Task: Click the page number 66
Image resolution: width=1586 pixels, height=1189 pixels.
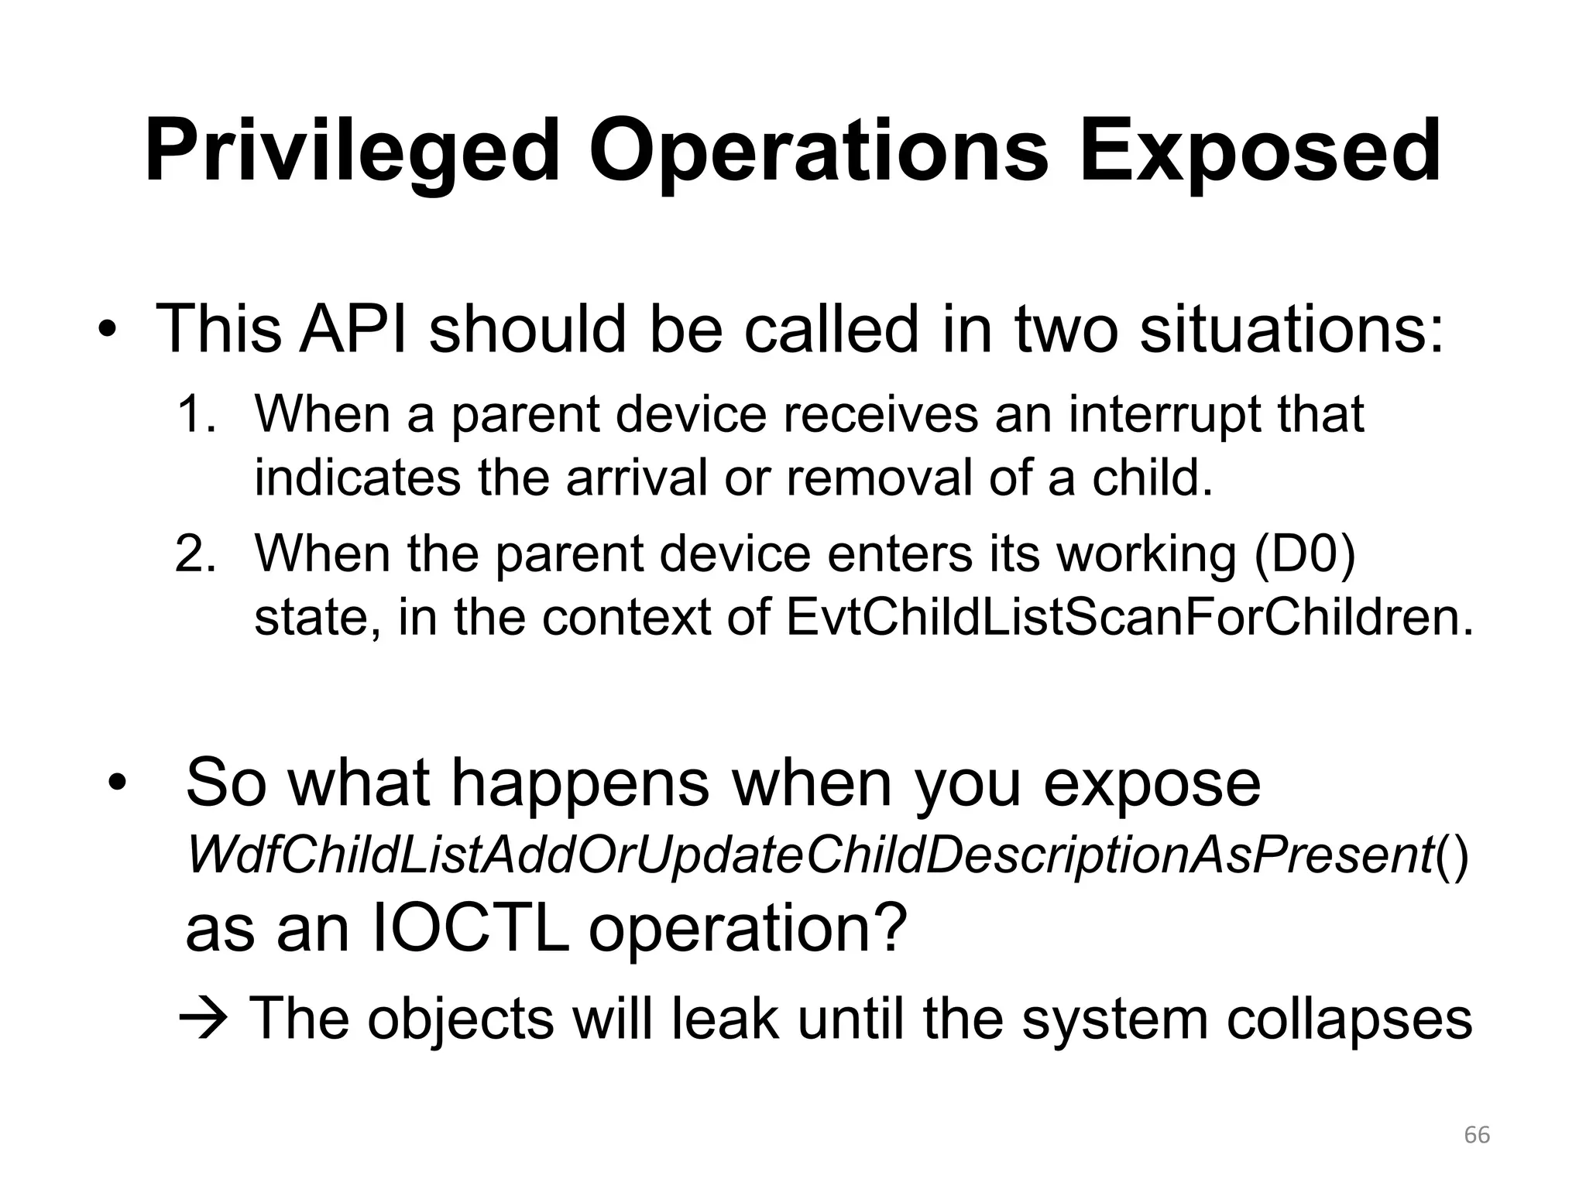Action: click(x=1477, y=1135)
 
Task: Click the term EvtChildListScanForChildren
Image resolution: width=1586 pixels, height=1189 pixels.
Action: click(x=1128, y=617)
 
